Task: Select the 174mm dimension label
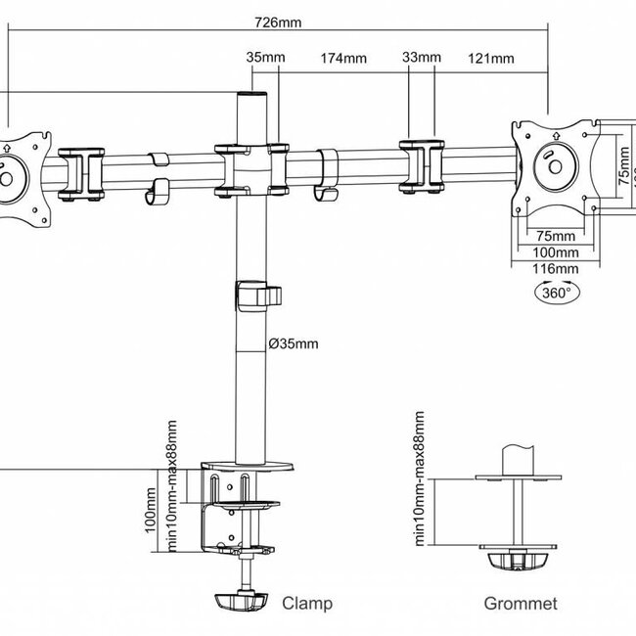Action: [343, 59]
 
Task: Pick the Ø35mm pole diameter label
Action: [294, 342]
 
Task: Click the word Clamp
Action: [307, 604]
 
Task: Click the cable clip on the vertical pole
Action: [256, 295]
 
